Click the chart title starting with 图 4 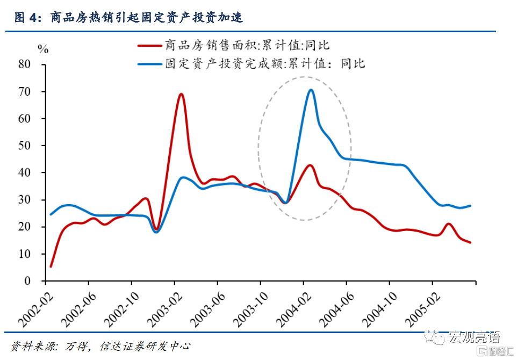(129, 18)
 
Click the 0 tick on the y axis (28, 281)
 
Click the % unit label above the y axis (44, 49)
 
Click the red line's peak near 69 (181, 94)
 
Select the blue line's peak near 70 (311, 90)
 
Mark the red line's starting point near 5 (51, 267)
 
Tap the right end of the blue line (471, 206)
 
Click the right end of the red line (471, 242)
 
